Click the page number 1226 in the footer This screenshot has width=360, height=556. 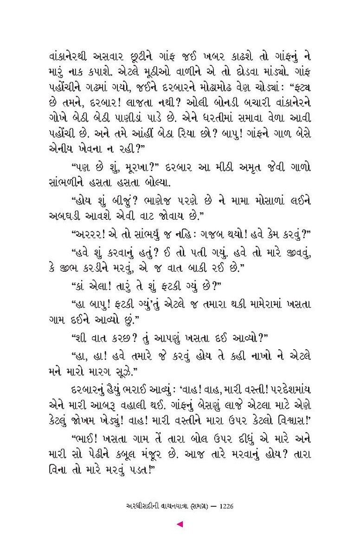point(224,506)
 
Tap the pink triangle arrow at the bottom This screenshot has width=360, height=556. point(180,524)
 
